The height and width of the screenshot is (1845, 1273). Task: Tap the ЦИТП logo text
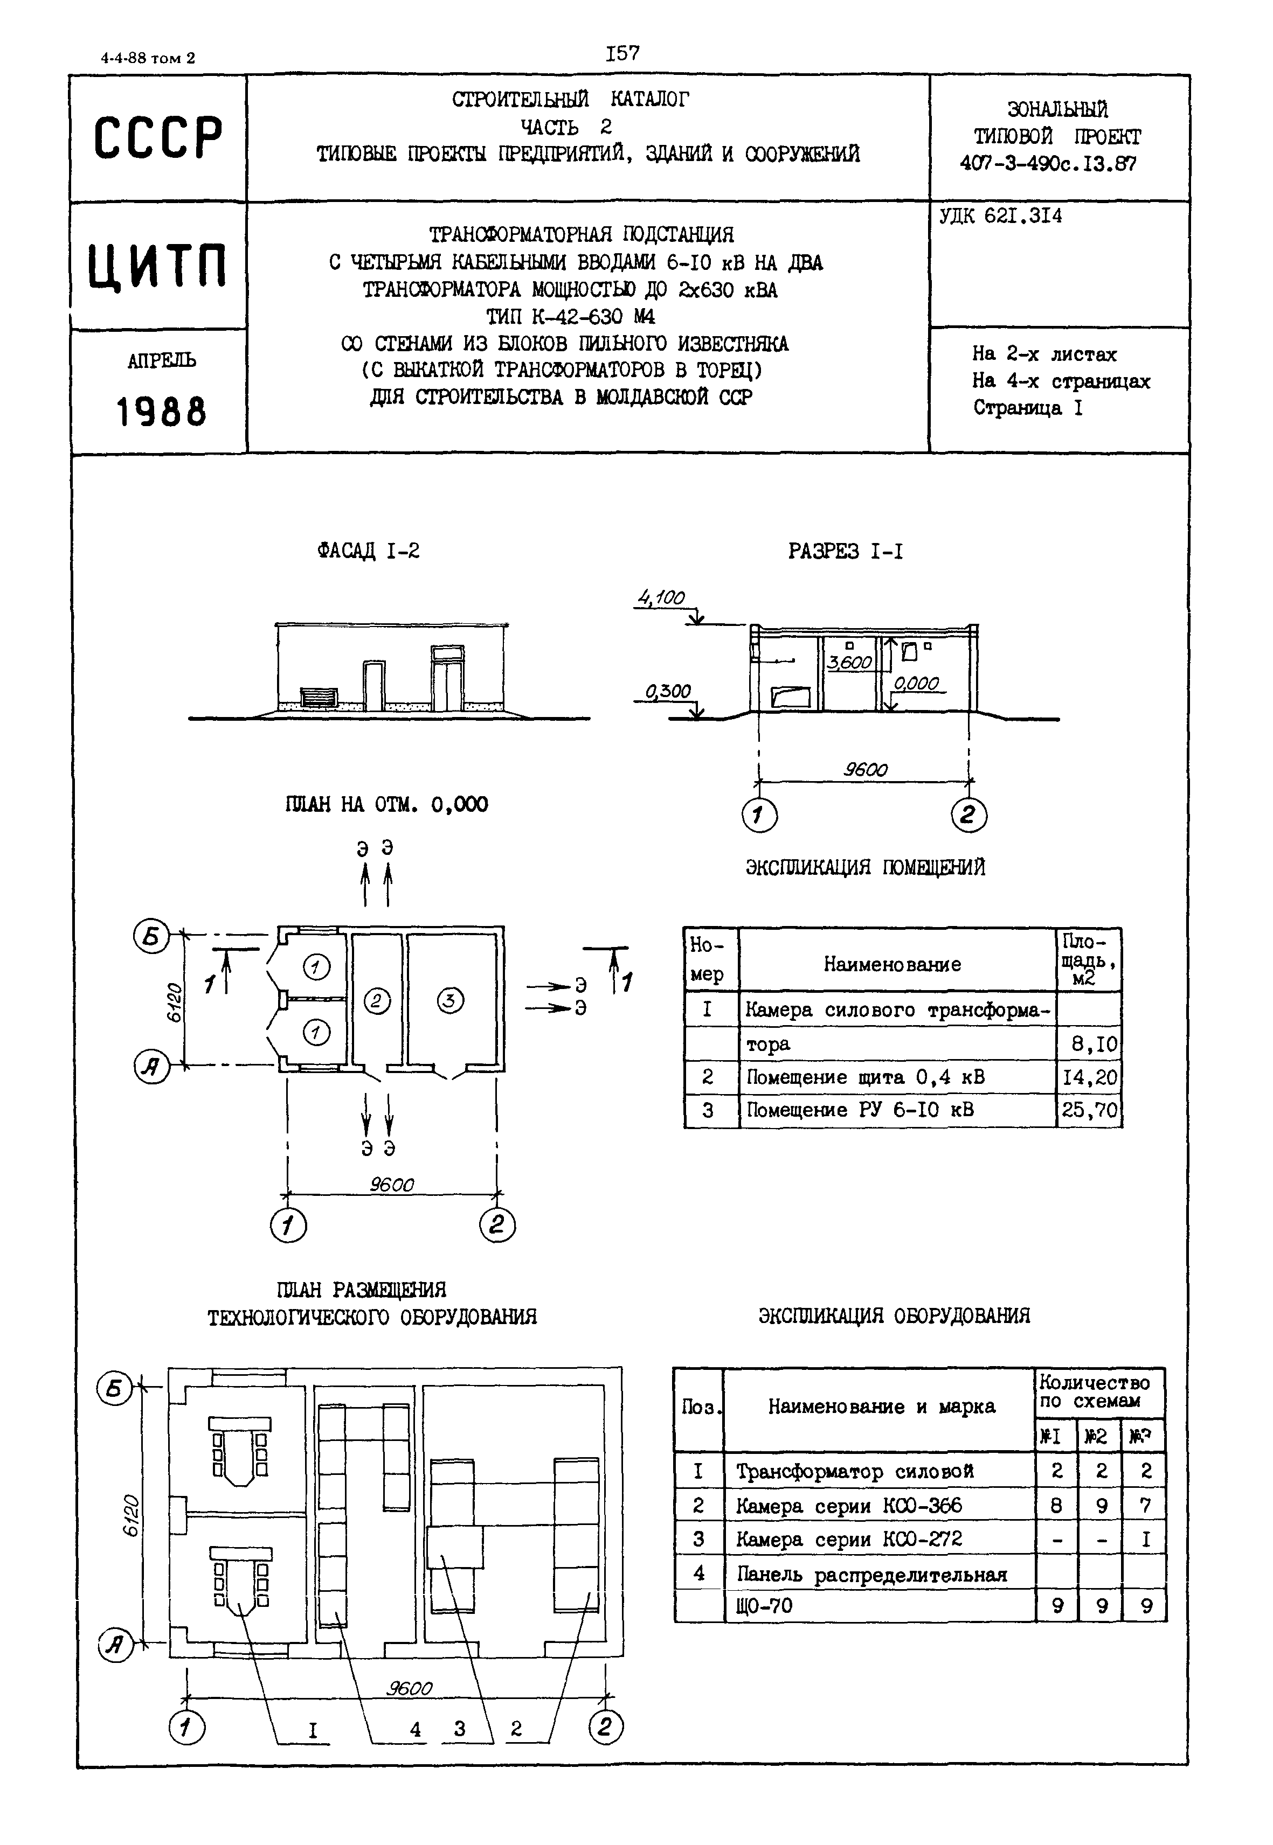tap(158, 266)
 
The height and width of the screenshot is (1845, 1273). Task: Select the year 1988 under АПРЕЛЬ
tap(161, 412)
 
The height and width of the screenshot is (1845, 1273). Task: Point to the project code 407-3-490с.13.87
tap(1048, 163)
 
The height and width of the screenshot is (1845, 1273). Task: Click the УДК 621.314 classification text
tap(1000, 216)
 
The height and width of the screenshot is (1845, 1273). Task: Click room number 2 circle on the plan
tap(377, 1001)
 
